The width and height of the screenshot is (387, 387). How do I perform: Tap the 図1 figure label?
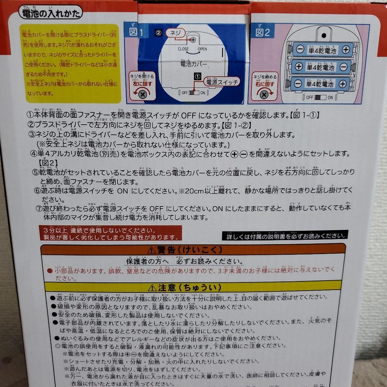pos(136,33)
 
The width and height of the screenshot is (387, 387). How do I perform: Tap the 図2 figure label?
pos(263,33)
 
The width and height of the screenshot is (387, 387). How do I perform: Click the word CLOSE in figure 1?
pos(183,49)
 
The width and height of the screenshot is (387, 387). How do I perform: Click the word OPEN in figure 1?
pos(202,49)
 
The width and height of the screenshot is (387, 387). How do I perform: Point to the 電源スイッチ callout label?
pos(221,82)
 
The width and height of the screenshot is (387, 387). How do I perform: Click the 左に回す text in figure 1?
pos(143,84)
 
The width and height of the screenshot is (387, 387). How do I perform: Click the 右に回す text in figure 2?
pos(265,84)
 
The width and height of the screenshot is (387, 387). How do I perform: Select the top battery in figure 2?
pos(322,50)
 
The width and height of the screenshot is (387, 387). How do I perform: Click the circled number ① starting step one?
pos(30,116)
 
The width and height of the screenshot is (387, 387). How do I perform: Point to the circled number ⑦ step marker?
pos(39,209)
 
